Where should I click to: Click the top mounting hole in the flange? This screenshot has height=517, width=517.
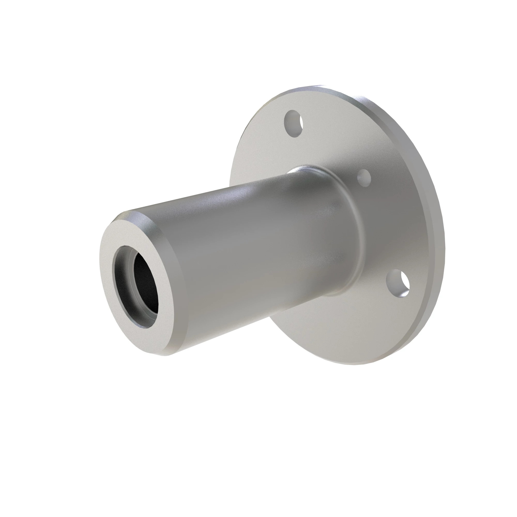tap(294, 123)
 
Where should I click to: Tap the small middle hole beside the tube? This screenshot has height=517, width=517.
tap(364, 177)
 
